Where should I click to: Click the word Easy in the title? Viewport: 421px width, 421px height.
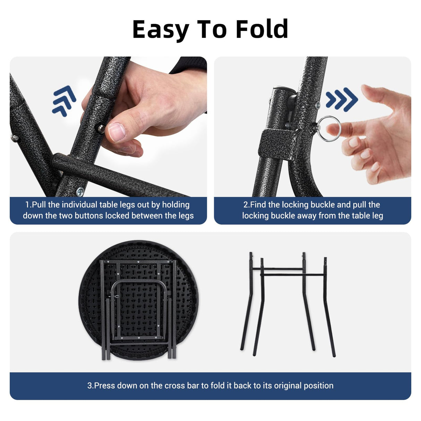pos(161,30)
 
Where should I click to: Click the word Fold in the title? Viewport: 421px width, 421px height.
pos(262,29)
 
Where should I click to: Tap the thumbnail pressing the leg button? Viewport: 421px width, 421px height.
pos(117,132)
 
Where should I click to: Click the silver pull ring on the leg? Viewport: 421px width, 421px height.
pos(328,129)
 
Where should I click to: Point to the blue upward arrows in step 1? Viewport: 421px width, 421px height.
pos(64,101)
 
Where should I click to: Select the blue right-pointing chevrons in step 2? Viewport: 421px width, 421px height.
pos(342,100)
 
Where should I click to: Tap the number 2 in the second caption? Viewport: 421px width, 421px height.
pos(246,205)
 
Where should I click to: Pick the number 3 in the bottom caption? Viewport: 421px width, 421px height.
pos(89,386)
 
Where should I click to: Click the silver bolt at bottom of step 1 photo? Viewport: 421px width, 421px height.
pos(80,192)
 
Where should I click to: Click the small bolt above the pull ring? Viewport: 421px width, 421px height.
pos(318,105)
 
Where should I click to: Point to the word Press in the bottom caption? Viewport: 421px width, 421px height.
pos(104,386)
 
